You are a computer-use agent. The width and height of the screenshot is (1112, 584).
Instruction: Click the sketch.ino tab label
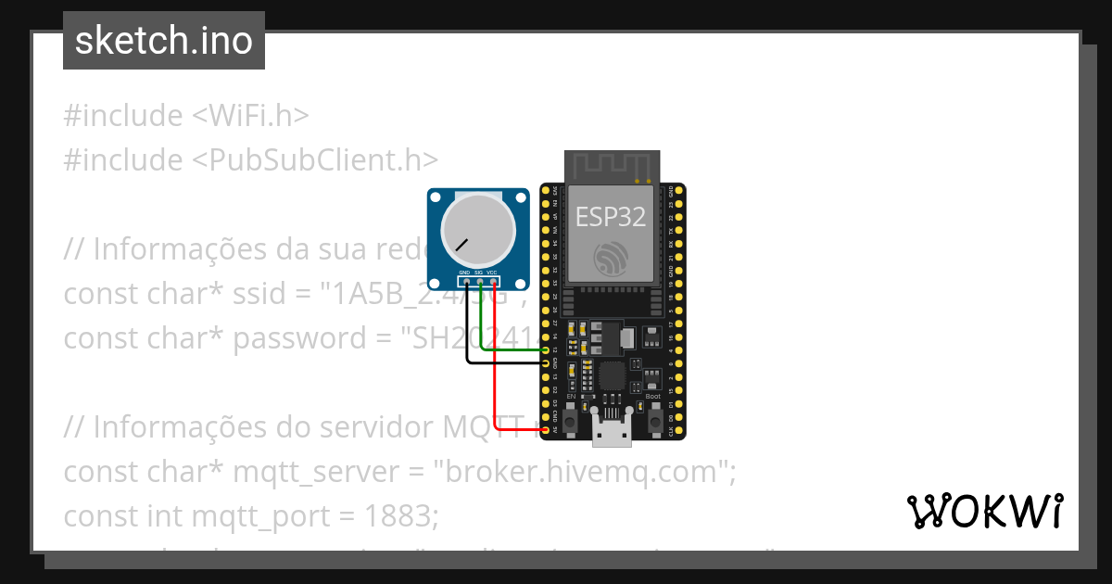(163, 41)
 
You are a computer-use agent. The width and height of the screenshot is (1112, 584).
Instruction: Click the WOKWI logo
(984, 512)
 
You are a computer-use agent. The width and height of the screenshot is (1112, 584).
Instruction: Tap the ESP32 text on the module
(611, 216)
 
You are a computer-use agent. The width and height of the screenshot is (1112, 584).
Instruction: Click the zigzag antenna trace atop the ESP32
(612, 167)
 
